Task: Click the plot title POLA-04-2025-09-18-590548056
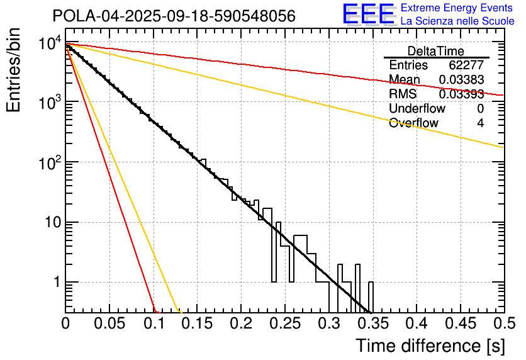174,16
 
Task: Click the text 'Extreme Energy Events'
457,9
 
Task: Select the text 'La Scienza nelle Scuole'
457,21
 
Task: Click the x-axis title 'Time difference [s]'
429,346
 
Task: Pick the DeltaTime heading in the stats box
436,51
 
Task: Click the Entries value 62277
466,65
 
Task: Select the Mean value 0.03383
461,80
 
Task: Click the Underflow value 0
480,109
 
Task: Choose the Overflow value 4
480,123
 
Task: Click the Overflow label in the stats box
413,123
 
